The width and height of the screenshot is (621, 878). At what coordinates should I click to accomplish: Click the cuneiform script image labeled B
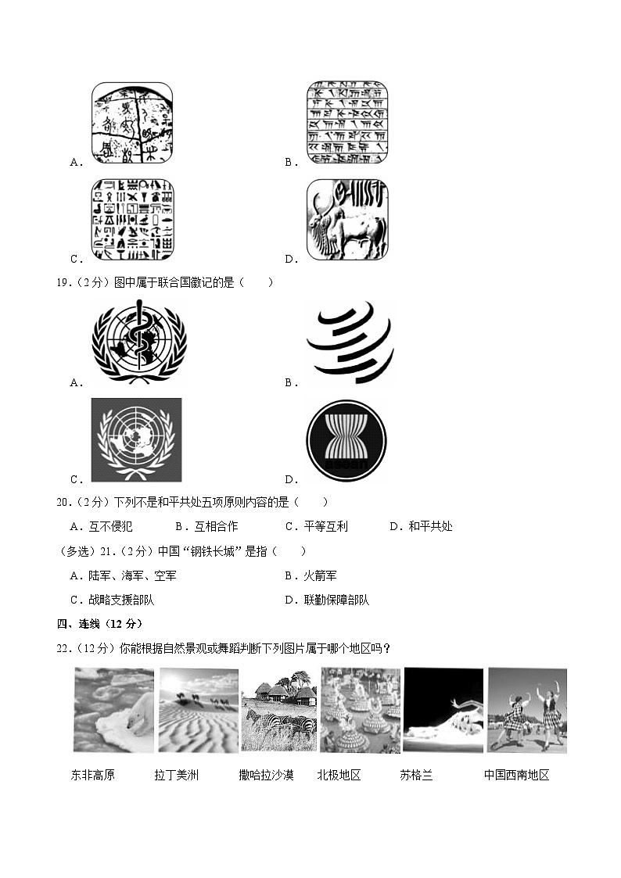coord(347,122)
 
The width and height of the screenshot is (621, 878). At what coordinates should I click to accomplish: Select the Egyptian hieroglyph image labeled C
coord(133,220)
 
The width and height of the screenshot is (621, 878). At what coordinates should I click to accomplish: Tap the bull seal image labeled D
coord(347,220)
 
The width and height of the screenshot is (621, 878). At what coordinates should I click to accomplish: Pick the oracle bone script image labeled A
coord(133,122)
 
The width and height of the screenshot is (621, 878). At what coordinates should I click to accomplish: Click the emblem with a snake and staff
coord(138,342)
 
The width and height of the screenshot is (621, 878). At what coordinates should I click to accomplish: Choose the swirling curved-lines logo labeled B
coord(349,342)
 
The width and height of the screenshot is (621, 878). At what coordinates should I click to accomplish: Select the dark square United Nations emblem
coord(136,439)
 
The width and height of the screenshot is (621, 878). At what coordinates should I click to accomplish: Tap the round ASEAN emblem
coord(347,440)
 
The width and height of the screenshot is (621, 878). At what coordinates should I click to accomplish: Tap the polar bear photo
coord(113,710)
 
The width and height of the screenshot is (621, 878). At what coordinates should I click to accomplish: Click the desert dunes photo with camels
coord(198,710)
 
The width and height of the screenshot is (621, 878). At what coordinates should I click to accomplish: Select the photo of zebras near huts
coord(278,710)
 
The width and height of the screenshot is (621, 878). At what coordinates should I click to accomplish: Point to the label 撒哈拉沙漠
coord(267,776)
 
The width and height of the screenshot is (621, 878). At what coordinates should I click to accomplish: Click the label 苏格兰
coord(416,776)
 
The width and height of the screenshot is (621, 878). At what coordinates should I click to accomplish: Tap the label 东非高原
coord(92,776)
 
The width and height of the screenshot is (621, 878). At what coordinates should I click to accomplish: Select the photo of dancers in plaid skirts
coord(526,710)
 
